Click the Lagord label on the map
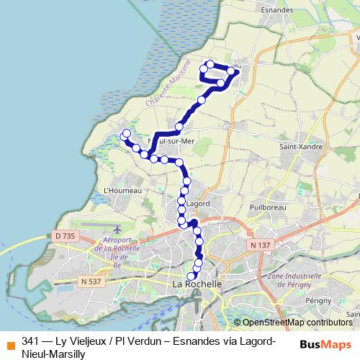tap(197, 204)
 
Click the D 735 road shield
tap(64, 235)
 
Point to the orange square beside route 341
tap(10, 342)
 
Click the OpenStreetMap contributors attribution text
tap(293, 323)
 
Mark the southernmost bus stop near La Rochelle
tap(192, 276)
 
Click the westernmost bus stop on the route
tap(126, 133)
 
